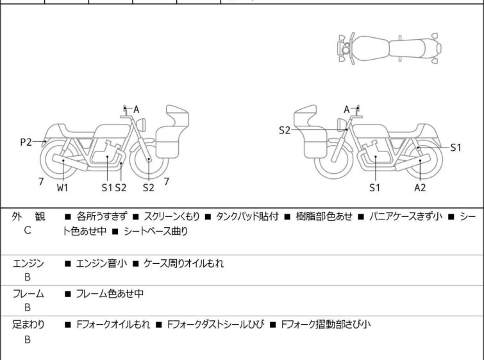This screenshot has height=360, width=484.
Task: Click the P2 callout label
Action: [x=26, y=142]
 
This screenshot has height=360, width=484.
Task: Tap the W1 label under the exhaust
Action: [x=62, y=187]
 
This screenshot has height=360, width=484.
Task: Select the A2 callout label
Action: [x=420, y=187]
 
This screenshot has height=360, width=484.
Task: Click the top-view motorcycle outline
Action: [x=389, y=49]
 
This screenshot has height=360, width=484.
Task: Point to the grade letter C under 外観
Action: [x=28, y=230]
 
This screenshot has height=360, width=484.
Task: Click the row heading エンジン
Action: [x=28, y=264]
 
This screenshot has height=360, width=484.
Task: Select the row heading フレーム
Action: [x=28, y=294]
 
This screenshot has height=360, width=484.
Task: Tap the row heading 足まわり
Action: [x=28, y=325]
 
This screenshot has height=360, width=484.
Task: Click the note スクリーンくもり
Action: [x=172, y=216]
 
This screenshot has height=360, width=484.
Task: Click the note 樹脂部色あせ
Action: [x=324, y=216]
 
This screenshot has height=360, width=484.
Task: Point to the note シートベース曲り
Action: [x=156, y=231]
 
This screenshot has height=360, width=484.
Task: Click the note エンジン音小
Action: [x=101, y=264]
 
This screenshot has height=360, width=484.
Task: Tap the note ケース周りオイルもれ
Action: [x=183, y=264]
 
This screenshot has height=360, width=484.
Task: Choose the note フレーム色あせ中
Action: [x=110, y=294]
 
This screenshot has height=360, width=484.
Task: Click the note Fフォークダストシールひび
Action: [x=216, y=325]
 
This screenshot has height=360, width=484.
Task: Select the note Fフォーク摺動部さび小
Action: [x=326, y=325]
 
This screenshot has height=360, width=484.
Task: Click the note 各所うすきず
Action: [x=101, y=216]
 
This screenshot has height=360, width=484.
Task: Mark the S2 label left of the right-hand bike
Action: [x=285, y=130]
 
